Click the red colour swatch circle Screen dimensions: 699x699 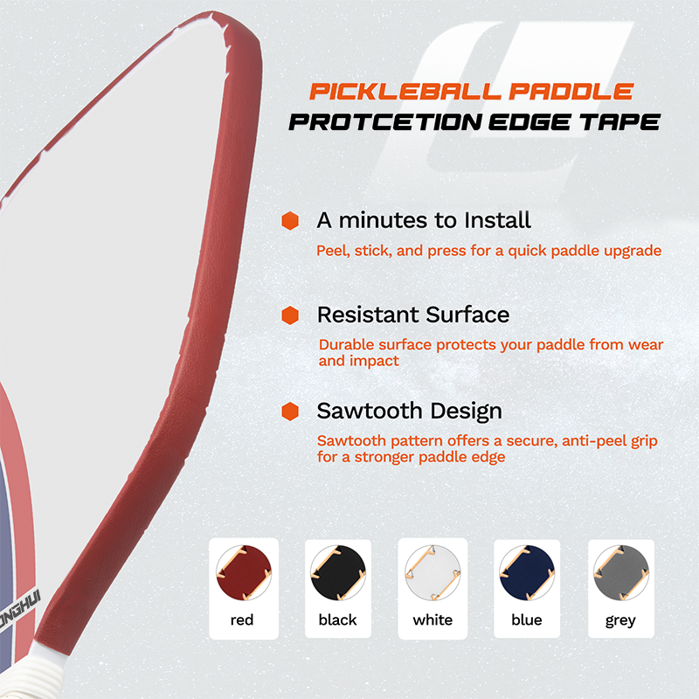point(244,572)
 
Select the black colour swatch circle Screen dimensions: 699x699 point(338,572)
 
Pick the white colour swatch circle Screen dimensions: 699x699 point(433,572)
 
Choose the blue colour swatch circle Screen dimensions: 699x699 point(527,572)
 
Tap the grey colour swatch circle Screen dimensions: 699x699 point(621,572)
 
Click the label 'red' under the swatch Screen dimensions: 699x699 point(242,619)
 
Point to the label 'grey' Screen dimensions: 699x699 point(620,620)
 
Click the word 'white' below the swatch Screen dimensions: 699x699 point(433,619)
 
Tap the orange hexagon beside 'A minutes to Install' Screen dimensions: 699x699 point(290,221)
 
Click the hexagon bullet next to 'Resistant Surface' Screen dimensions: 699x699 point(290,315)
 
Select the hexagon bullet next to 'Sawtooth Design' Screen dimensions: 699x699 point(290,411)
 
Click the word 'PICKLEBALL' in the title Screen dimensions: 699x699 point(405,92)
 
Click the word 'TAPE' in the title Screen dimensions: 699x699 point(619,121)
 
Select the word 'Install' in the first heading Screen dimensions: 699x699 point(497,220)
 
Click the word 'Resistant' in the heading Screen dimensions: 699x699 point(368,315)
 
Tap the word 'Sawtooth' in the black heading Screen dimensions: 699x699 point(370,411)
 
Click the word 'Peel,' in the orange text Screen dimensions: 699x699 point(333,251)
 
